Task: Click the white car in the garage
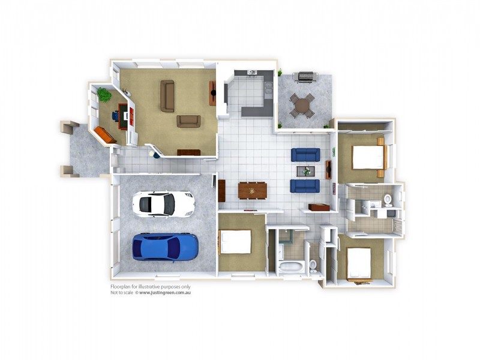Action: (x=163, y=205)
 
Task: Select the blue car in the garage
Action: (x=165, y=248)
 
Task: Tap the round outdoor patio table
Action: (x=302, y=106)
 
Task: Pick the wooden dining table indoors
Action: (x=252, y=191)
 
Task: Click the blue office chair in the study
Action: (x=115, y=116)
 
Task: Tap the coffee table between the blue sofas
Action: (x=306, y=171)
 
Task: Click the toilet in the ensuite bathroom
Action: (x=388, y=200)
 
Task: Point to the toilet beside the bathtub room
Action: (x=313, y=266)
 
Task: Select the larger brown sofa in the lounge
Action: (x=167, y=96)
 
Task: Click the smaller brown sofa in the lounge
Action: (x=188, y=121)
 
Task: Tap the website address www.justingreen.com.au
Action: (x=166, y=293)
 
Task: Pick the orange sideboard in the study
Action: (x=105, y=135)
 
